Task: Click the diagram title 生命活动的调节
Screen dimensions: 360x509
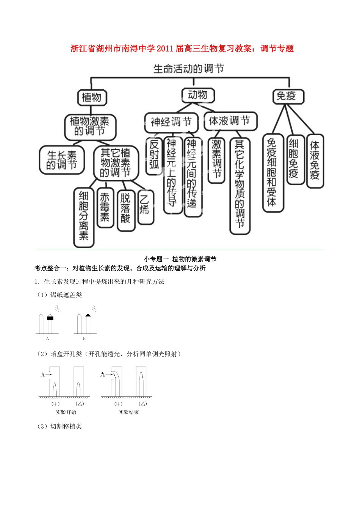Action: (188, 69)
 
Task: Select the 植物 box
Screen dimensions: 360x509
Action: (92, 98)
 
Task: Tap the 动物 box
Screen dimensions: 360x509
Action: (198, 95)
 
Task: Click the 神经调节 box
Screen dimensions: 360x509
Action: (171, 122)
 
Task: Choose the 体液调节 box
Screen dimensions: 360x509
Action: (230, 121)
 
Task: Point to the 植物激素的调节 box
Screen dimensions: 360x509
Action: (90, 126)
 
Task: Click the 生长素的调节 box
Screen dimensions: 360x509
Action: (62, 160)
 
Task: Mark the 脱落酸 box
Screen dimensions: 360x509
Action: (125, 209)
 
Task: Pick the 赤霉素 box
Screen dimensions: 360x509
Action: (105, 207)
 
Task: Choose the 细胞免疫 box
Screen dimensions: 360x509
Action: (294, 159)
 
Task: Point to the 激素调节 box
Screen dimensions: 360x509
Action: (216, 159)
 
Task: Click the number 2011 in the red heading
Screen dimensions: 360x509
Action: (165, 48)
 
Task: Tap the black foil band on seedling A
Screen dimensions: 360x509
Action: (50, 318)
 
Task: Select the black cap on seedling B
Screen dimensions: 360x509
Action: (88, 315)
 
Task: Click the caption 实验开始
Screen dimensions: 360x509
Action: (66, 412)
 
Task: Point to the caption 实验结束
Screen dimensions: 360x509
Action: (129, 412)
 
